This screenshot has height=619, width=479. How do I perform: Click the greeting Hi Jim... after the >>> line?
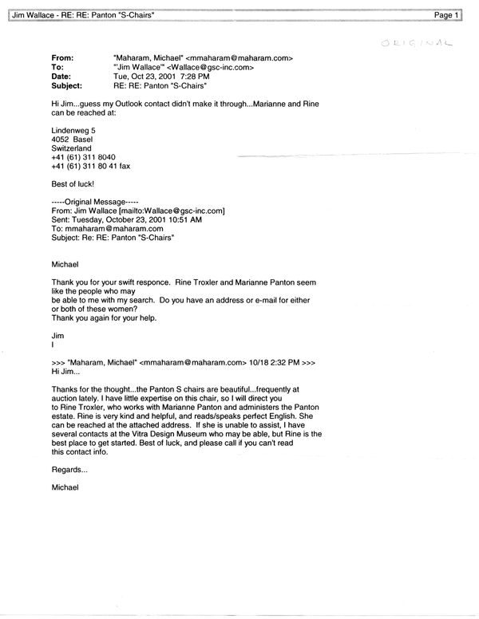pyautogui.click(x=66, y=372)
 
